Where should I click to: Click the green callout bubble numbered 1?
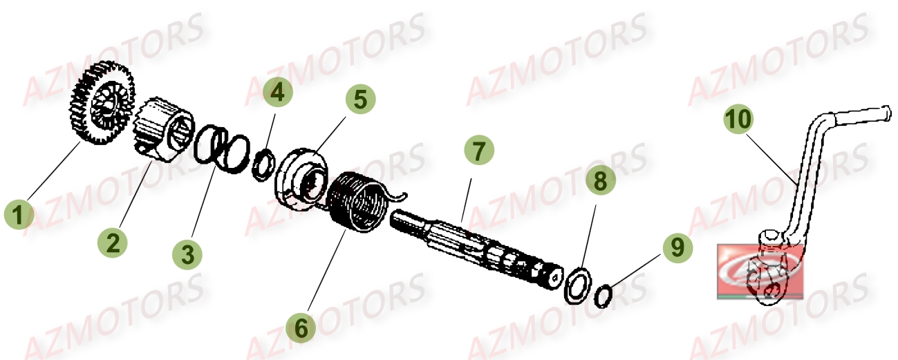click(x=19, y=214)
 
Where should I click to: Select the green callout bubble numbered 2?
click(x=113, y=242)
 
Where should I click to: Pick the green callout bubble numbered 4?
click(x=277, y=93)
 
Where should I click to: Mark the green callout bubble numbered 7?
click(x=479, y=149)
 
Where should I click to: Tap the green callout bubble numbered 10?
click(x=739, y=120)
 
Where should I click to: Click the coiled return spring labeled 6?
click(x=359, y=201)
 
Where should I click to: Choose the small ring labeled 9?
click(x=603, y=296)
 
